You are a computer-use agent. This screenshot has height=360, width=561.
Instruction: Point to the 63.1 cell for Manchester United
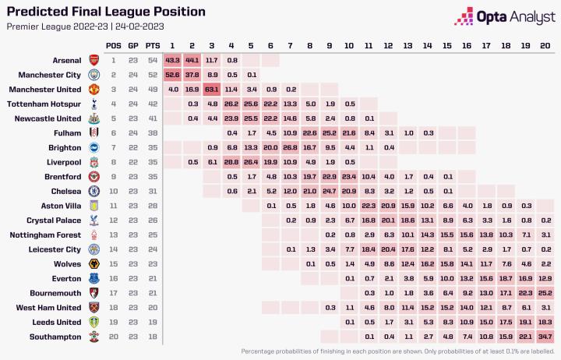[x=212, y=90]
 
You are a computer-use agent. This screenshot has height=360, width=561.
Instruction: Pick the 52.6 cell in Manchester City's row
[x=173, y=75]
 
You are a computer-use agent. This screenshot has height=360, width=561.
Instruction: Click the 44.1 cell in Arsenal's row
[x=192, y=60]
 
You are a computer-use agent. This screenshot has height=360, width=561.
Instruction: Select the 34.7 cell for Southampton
[x=544, y=337]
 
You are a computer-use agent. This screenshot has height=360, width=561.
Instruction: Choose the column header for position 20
[x=544, y=44]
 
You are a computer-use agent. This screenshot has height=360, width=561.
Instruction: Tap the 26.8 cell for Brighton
[x=290, y=146]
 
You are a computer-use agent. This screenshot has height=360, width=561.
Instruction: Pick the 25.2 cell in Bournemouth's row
[x=544, y=292]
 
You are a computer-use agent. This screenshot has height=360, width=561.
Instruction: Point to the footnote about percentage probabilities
[x=397, y=351]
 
